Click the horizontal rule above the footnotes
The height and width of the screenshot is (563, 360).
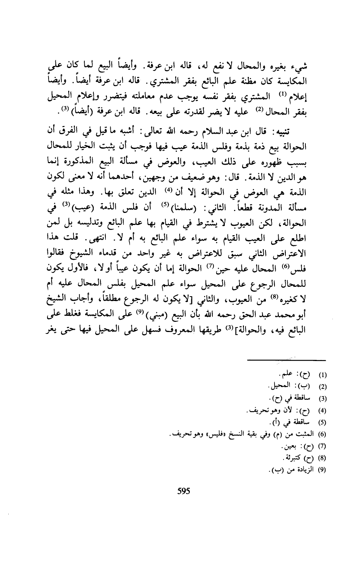299,361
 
